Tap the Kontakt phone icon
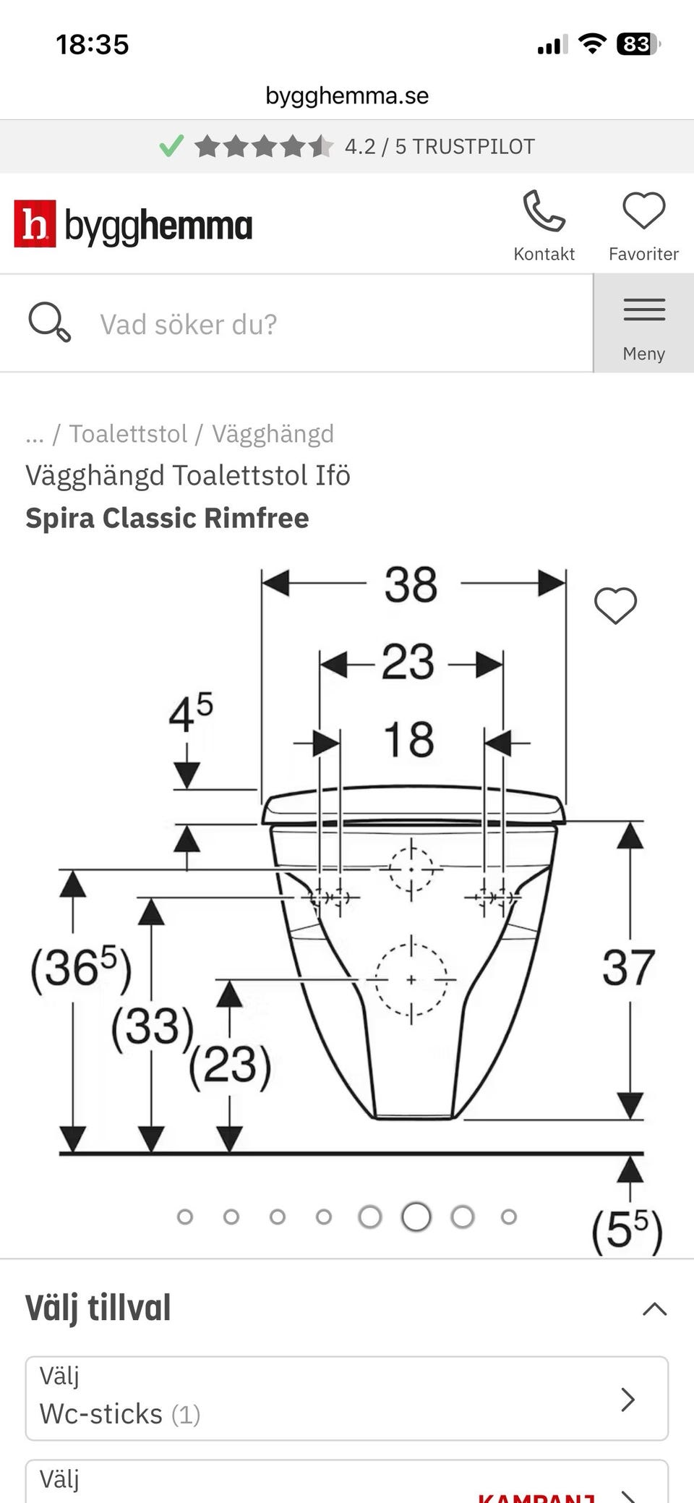pos(544,211)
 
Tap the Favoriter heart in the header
pos(643,211)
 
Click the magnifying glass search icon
pos(49,322)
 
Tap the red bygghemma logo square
pos(35,224)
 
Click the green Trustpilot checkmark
pos(171,146)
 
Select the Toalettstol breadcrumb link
pos(128,434)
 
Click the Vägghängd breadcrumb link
pos(273,434)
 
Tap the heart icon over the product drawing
pos(615,605)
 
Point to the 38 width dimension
pos(411,584)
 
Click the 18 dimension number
pos(408,740)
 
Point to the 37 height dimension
pos(628,968)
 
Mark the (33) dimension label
pos(153,1026)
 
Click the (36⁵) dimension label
pos(80,968)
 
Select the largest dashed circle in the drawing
pos(411,980)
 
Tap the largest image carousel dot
pos(416,1217)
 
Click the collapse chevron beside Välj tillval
pos(654,1308)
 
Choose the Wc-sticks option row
pos(347,1398)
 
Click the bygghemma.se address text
pos(347,95)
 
